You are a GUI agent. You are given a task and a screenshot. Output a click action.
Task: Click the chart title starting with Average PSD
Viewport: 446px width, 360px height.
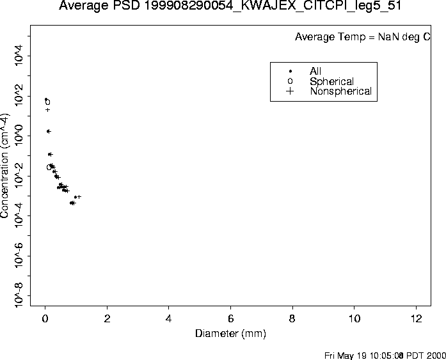[222, 7]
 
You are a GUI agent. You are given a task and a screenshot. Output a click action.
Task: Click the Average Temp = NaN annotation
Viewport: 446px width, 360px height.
[362, 37]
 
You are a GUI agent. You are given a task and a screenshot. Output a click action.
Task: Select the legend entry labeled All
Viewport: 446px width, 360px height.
[315, 71]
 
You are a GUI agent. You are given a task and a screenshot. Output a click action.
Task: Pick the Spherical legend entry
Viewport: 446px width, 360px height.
[331, 81]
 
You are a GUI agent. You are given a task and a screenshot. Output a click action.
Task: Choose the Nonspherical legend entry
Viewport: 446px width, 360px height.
[340, 91]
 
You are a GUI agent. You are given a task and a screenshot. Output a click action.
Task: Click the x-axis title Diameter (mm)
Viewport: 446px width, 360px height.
[230, 334]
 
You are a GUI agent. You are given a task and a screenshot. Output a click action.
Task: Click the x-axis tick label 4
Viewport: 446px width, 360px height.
[169, 319]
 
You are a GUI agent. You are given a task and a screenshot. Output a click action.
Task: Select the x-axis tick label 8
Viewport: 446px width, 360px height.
[292, 319]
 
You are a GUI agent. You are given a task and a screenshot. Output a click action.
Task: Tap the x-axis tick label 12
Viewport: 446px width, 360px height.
[417, 319]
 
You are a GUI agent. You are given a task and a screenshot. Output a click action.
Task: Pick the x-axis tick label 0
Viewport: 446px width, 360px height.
[45, 319]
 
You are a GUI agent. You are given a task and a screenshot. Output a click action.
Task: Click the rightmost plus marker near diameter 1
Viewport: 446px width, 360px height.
[79, 196]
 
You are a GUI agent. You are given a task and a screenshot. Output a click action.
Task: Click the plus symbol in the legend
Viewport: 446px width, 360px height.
[290, 91]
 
